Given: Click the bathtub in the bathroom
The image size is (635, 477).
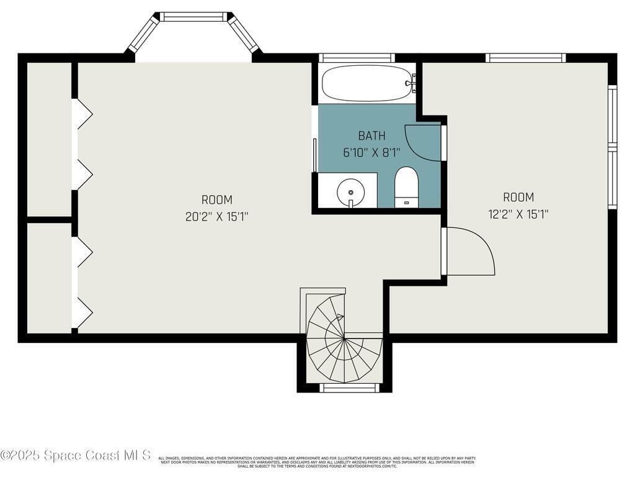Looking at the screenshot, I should point(367,83).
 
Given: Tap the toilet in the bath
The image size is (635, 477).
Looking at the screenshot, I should point(407,185).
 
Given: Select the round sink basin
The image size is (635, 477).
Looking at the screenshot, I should point(350,191).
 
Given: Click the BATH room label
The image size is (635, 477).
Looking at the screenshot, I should point(371,136).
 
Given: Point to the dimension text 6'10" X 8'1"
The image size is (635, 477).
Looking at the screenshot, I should point(371,152).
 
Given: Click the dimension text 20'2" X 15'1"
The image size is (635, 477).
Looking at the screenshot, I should point(217,216).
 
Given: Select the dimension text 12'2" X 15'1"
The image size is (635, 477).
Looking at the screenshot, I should point(518,214).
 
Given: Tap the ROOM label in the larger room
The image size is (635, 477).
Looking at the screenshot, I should point(217,200).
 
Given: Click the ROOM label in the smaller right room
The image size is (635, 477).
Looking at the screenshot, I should point(518,198).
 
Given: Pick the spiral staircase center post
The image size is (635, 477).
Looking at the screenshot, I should point(344,338).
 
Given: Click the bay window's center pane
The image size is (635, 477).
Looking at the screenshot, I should point(193,17).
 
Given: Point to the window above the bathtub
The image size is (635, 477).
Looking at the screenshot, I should point(357,58).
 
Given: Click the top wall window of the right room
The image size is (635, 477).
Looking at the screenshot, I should point(525,58).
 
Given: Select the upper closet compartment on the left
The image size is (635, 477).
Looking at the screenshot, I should point(49,139).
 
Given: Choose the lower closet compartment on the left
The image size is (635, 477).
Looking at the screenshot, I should point(49,278).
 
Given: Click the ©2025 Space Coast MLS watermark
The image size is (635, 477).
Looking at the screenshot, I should point(76,455).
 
